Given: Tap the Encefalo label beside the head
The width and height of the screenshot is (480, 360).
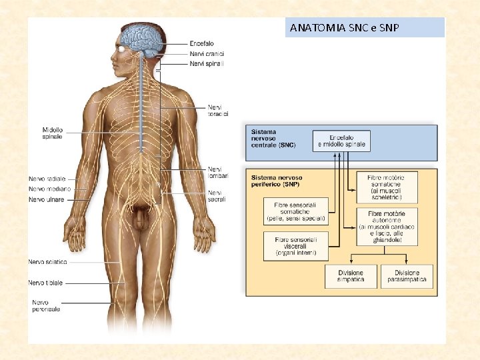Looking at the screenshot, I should point(202,43).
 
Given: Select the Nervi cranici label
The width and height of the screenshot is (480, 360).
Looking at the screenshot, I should point(207,53).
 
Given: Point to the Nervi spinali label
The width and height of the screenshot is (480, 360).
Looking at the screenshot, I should point(207,63).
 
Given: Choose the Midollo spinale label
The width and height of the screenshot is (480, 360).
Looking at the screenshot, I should point(52,133).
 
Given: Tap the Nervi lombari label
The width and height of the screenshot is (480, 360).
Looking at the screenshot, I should point(217,172).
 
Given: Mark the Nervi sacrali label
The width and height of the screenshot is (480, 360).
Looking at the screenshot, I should point(217,195).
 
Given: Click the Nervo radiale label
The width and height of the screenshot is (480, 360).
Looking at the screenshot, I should point(47,179).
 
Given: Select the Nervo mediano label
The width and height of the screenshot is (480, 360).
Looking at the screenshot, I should point(49,189).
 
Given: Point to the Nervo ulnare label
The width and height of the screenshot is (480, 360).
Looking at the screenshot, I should point(47,199).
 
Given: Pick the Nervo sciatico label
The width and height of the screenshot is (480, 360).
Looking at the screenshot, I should point(47,262).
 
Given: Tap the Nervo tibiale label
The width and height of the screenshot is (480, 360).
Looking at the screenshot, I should point(45,283).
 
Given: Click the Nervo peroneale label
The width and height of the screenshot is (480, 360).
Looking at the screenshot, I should point(46,305).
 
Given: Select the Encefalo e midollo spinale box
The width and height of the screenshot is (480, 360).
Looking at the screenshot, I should point(341,141).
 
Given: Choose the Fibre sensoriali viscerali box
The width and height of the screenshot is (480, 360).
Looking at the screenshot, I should point(295,245).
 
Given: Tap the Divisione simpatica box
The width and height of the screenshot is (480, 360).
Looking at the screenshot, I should point(350,277).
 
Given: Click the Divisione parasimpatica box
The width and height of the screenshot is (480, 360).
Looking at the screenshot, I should point(407,277).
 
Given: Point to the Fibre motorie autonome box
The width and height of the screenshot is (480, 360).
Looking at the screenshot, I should point(391,226).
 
